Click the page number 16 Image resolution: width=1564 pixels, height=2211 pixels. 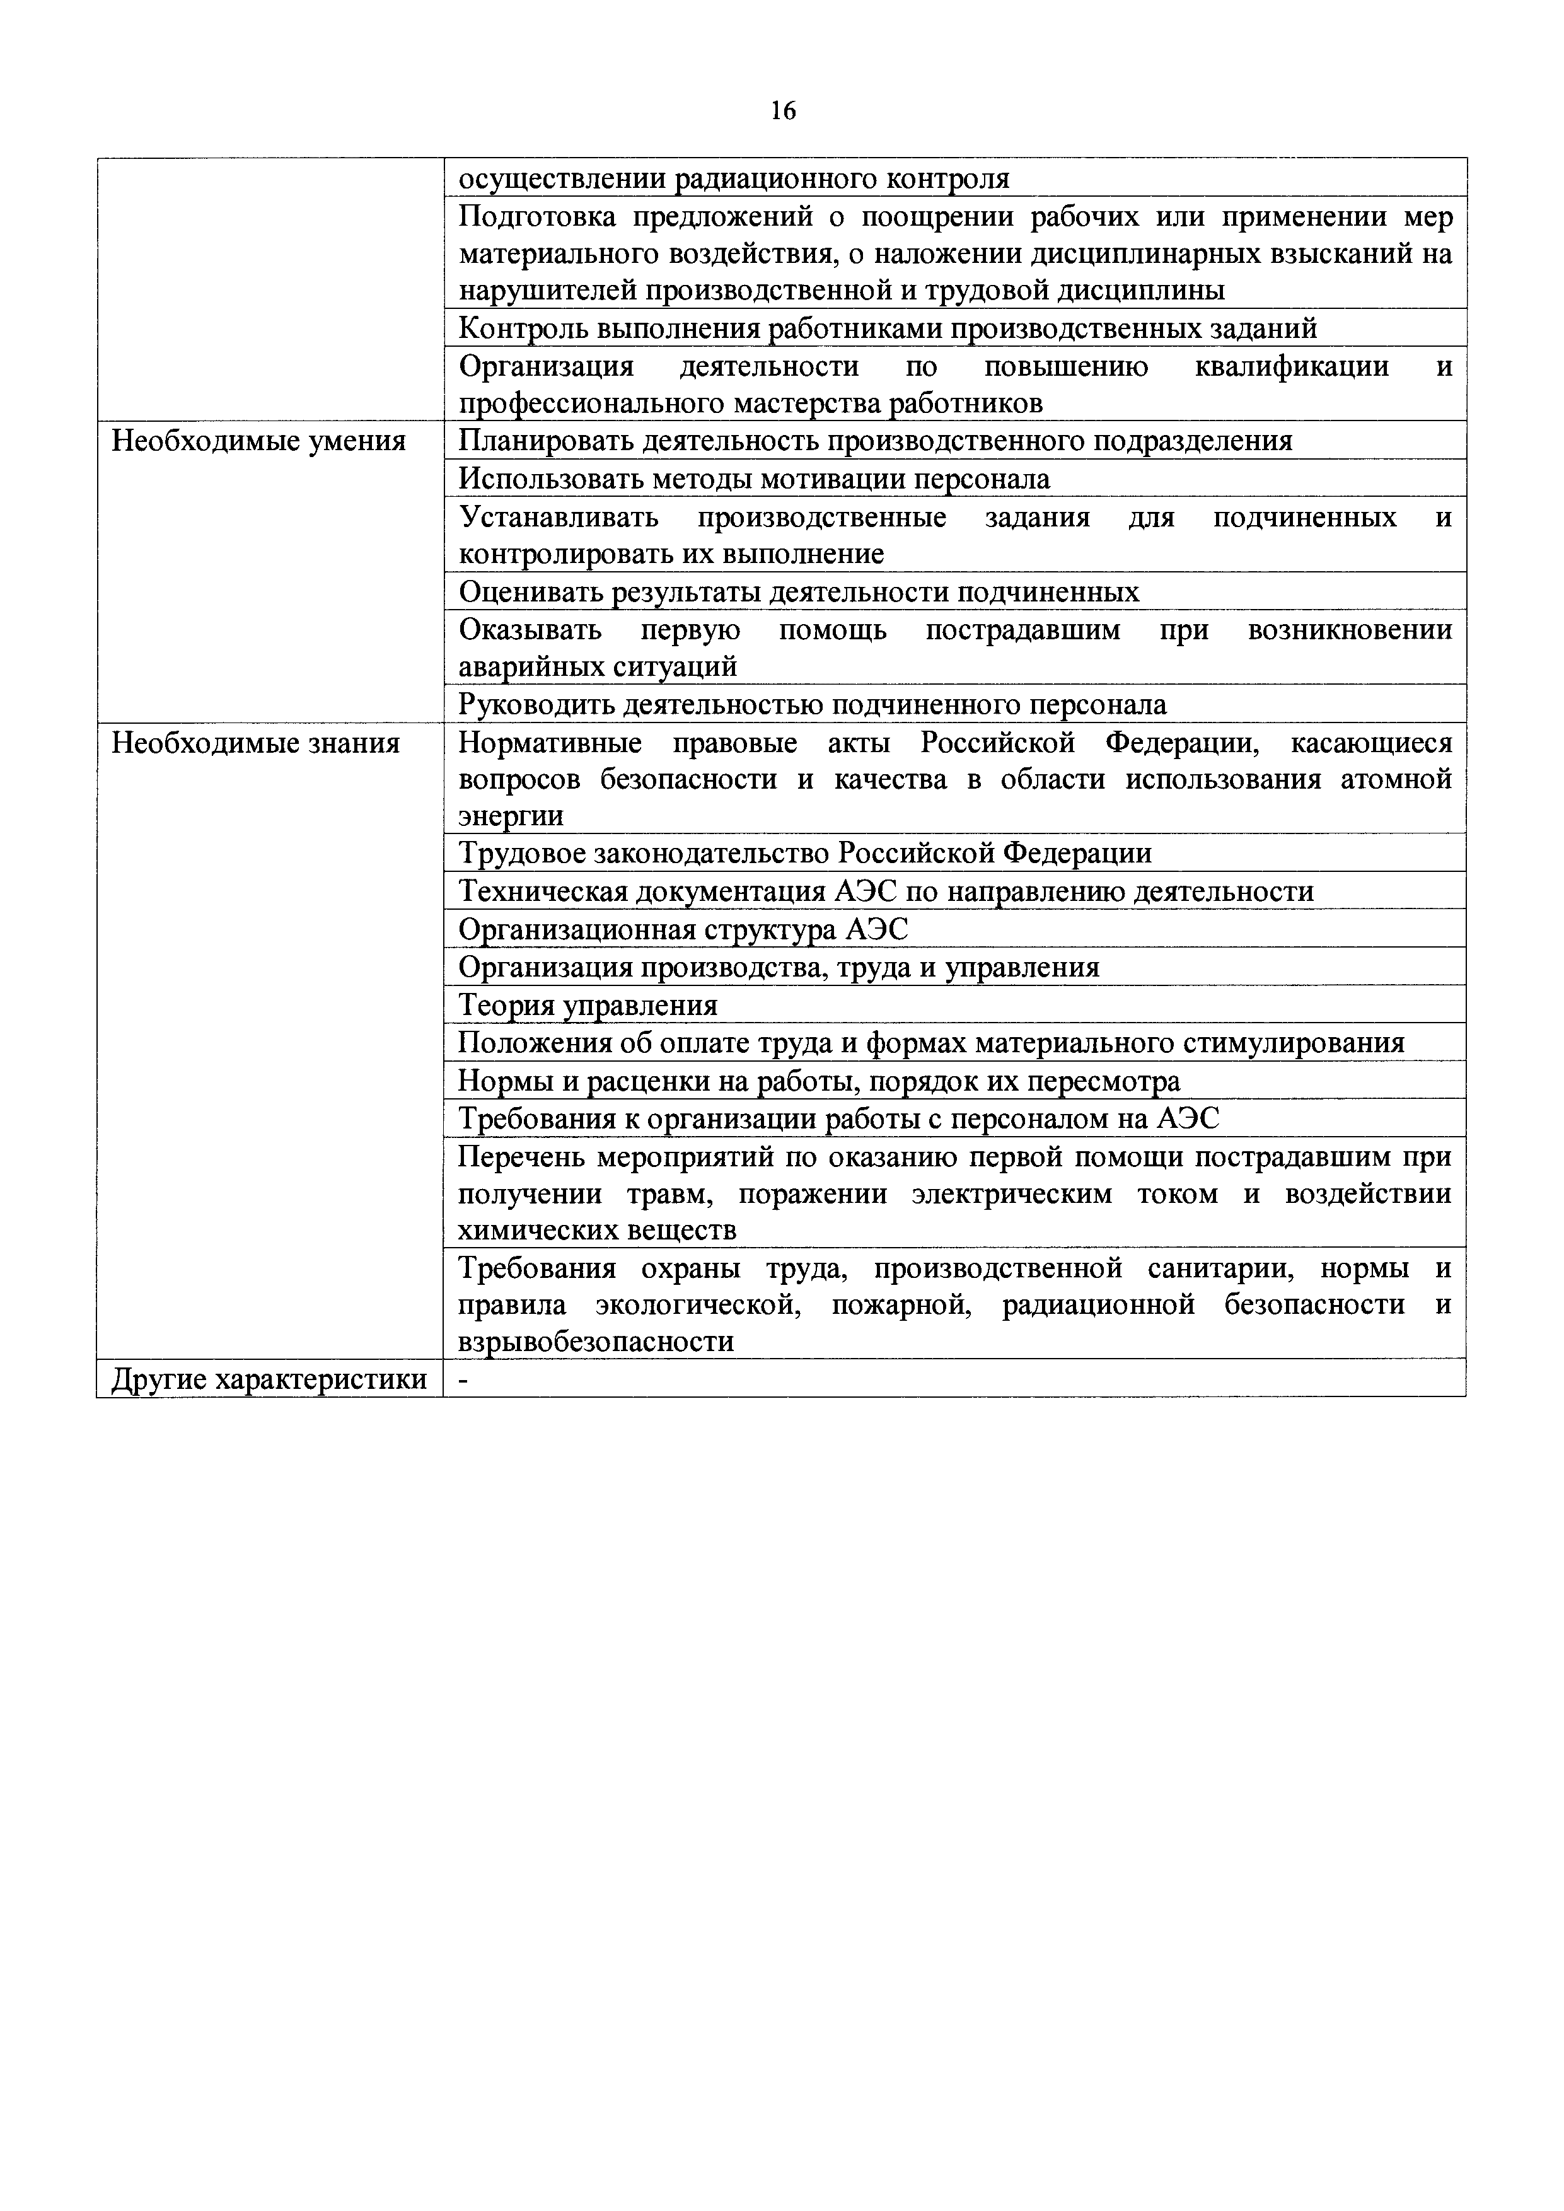coord(783,112)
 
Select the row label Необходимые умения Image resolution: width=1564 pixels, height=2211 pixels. coord(258,441)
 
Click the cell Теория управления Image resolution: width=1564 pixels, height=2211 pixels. coord(588,1006)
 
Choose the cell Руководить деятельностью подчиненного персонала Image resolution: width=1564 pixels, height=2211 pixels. coord(812,705)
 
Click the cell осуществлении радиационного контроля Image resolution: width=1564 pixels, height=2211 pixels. coord(733,178)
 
